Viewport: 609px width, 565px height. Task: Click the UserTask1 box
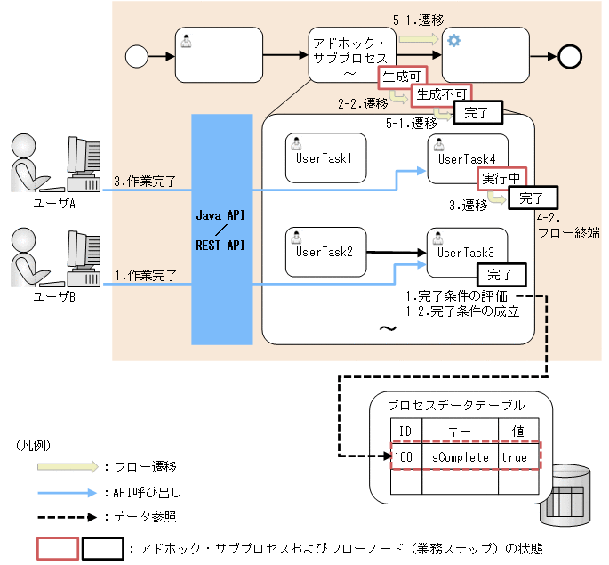click(325, 158)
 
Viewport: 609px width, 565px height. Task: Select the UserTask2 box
click(325, 253)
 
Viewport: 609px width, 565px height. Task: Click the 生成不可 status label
click(441, 93)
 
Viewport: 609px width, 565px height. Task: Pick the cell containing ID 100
click(405, 457)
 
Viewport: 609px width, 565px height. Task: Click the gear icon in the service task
click(454, 41)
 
